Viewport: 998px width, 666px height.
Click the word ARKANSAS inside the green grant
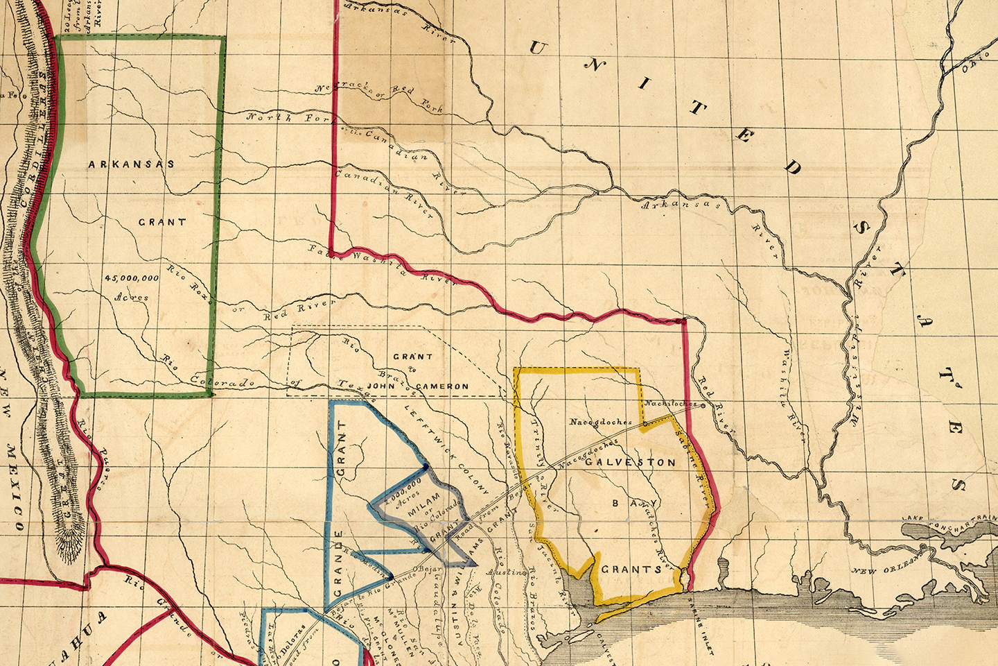click(131, 164)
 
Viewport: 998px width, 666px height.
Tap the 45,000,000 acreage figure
click(132, 277)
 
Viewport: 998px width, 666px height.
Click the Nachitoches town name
click(669, 403)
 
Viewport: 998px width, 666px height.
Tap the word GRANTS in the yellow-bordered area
click(631, 569)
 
